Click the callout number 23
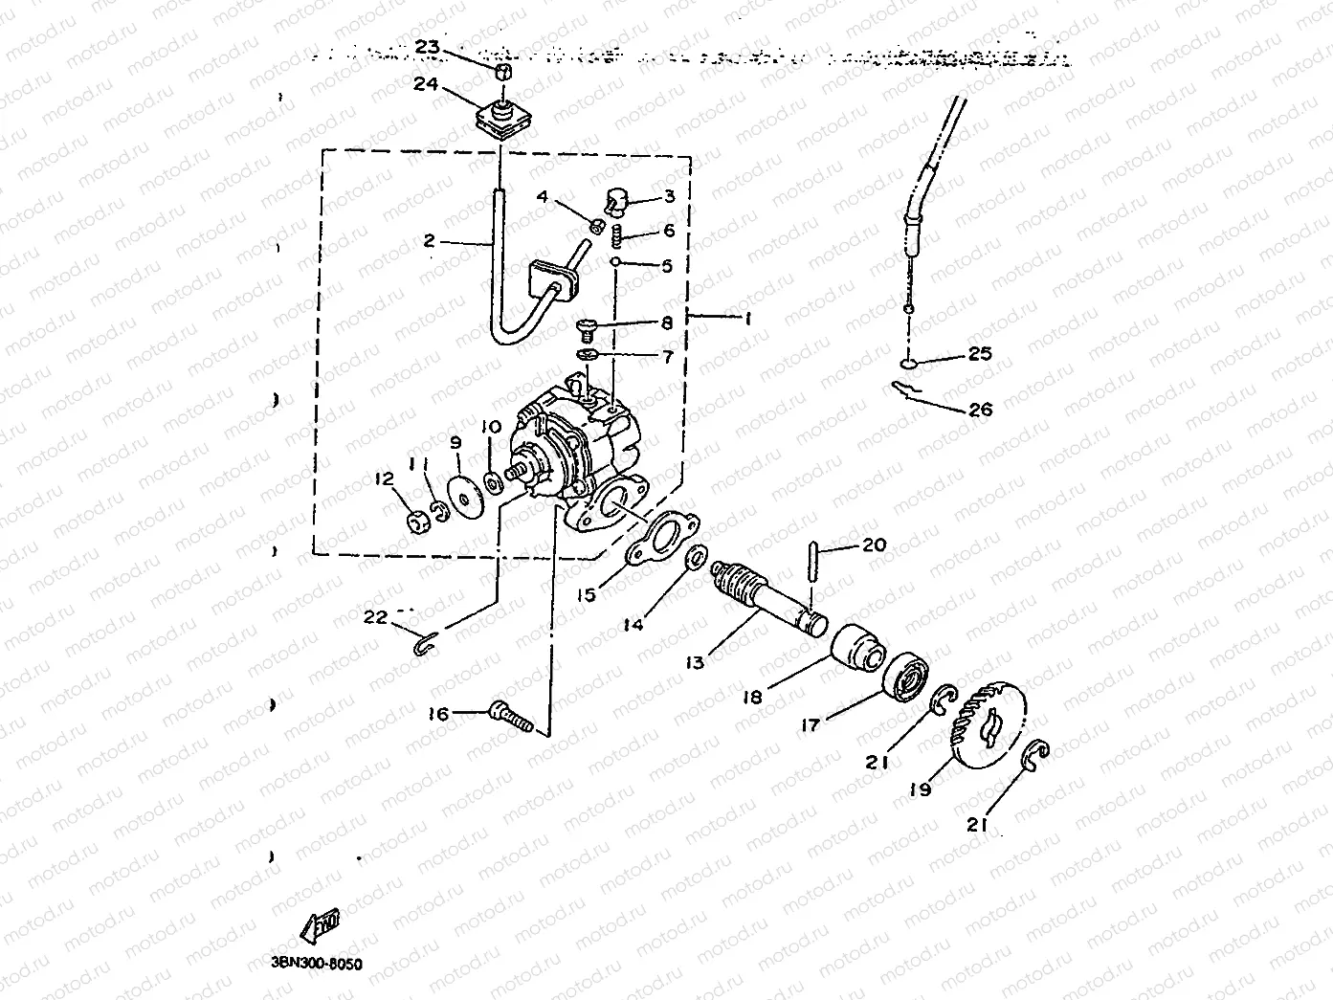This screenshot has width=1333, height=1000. click(x=427, y=47)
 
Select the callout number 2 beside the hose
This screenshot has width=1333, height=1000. click(x=429, y=241)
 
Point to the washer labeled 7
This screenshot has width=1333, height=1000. click(x=589, y=356)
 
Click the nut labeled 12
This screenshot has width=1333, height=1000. click(x=417, y=522)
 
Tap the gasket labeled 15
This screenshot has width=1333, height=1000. click(x=659, y=537)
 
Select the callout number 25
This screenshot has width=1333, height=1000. click(x=979, y=354)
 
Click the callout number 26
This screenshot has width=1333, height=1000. click(x=980, y=410)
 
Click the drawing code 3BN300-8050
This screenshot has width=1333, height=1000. click(x=310, y=965)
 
